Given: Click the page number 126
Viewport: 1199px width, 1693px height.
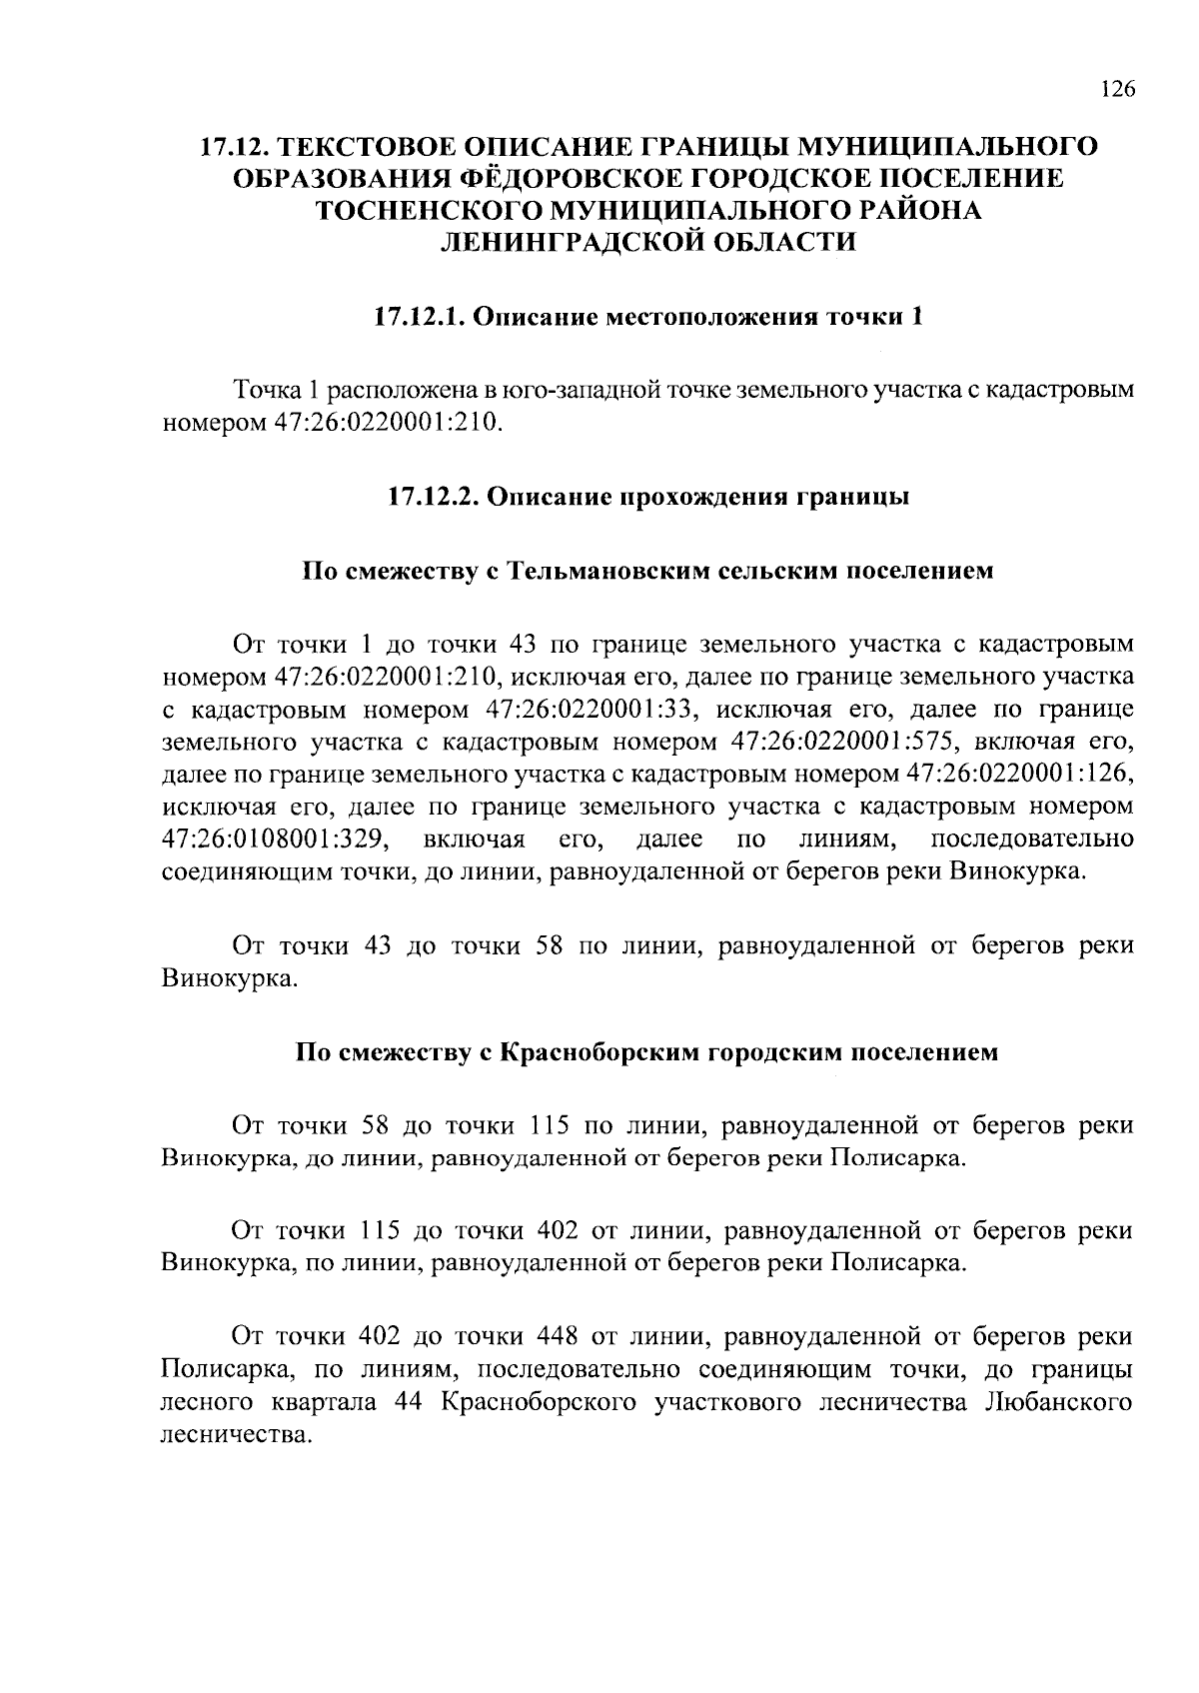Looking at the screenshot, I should pyautogui.click(x=1117, y=90).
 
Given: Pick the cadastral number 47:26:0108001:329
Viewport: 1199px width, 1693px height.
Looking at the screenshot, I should pyautogui.click(x=275, y=838).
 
